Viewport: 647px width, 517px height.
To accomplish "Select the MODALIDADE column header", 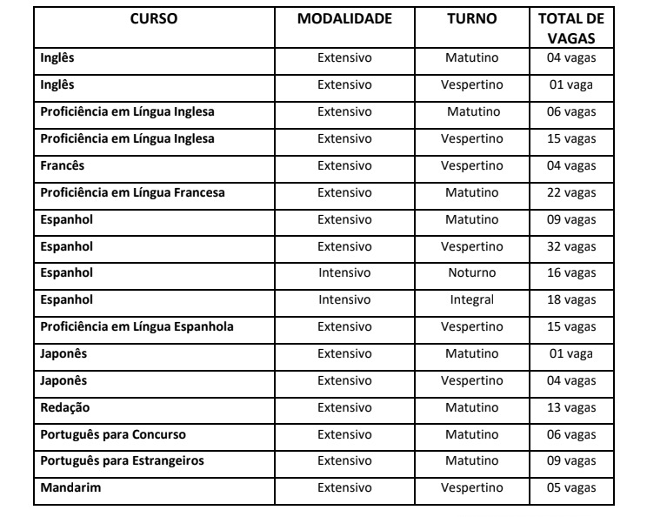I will pos(344,19).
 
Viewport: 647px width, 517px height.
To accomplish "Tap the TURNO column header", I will pos(471,19).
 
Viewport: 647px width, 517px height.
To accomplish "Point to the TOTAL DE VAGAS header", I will pos(571,29).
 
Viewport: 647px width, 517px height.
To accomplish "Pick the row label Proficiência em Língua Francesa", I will pos(132,192).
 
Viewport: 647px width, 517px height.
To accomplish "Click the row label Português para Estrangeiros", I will pos(123,460).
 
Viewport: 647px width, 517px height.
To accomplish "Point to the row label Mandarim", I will pos(70,487).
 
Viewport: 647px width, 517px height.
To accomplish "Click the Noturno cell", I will pos(471,273).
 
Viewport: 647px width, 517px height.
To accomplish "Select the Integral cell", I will pos(471,300).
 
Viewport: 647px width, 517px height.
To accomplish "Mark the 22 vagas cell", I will pos(571,192).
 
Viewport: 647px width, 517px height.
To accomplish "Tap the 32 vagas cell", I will pos(571,246).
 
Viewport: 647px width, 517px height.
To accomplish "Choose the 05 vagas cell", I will pos(571,487).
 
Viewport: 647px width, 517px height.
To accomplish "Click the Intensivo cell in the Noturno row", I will pos(344,273).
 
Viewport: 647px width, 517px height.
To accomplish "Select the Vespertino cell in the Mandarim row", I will pos(471,487).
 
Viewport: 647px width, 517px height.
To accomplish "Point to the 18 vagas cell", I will pos(571,300).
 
